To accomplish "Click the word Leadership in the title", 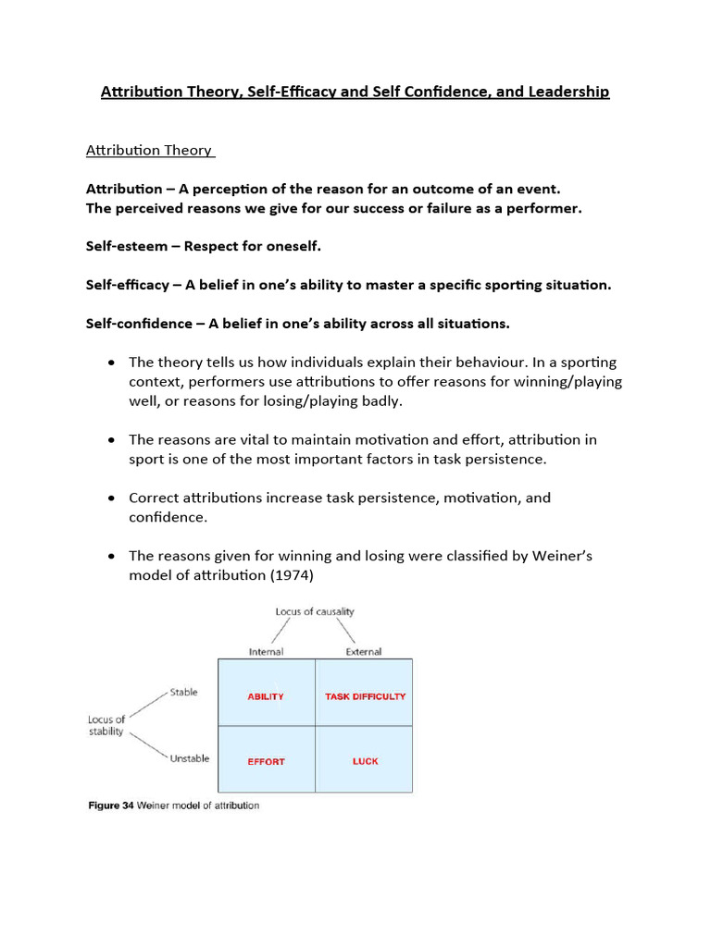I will tap(567, 92).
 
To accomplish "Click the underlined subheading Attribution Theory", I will tap(149, 150).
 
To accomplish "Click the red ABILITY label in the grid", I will tap(266, 696).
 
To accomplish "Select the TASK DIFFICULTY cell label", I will tap(365, 696).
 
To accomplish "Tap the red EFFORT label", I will tap(266, 762).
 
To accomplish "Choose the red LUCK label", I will tap(365, 762).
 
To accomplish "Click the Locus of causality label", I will tap(315, 612).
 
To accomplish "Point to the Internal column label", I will tap(266, 652).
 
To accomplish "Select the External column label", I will tap(364, 652).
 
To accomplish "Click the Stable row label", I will tap(183, 693).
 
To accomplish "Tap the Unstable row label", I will tap(190, 758).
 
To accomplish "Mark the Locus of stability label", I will tap(106, 725).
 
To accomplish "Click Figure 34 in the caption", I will tap(110, 806).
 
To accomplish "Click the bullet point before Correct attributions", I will tap(111, 498).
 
